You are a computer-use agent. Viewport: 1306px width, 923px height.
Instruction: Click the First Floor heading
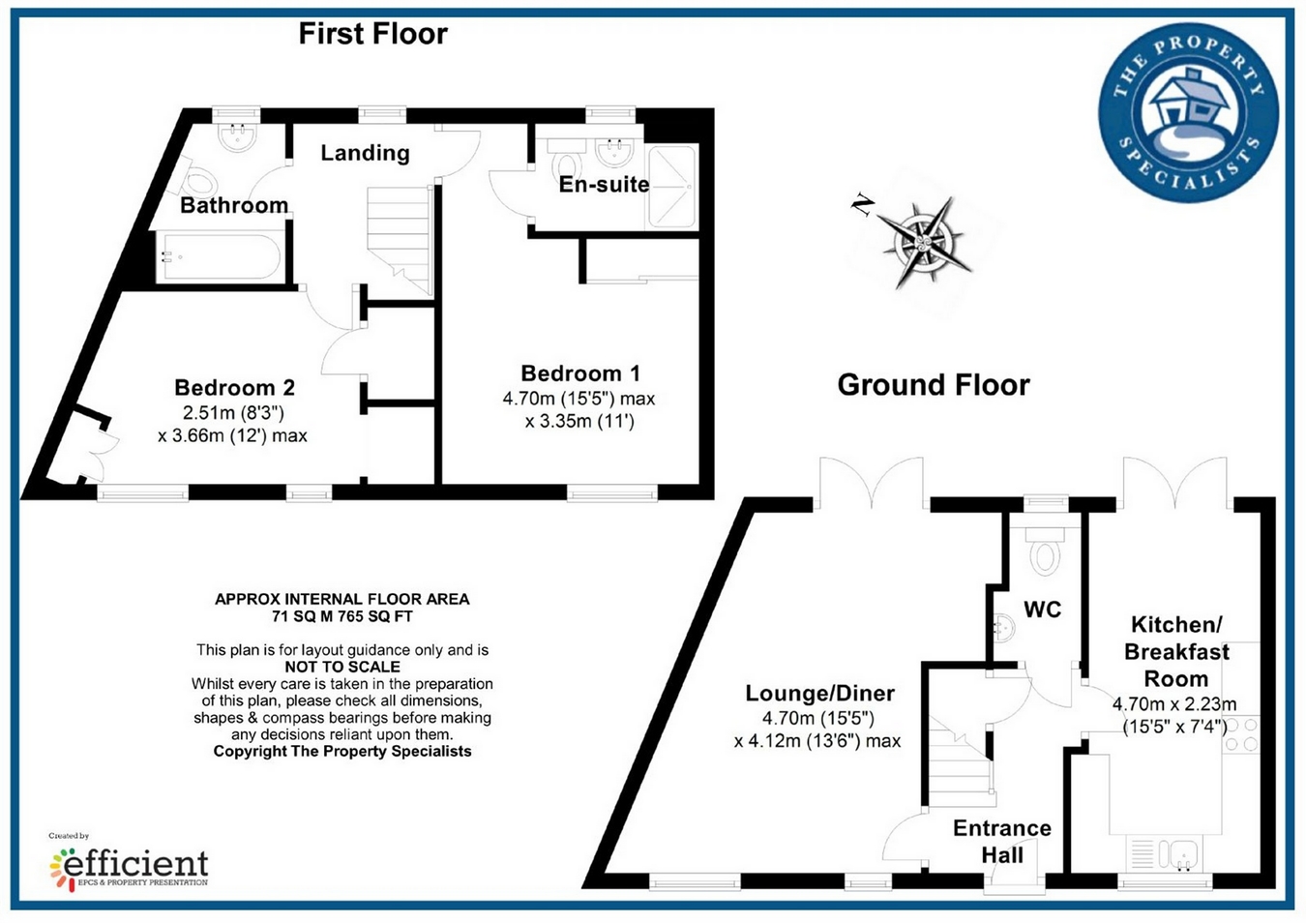coord(373,34)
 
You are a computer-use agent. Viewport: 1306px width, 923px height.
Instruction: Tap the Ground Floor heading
coord(934,385)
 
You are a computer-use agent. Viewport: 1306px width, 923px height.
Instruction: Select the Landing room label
coord(365,153)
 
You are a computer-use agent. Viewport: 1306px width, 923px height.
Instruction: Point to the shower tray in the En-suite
coord(671,187)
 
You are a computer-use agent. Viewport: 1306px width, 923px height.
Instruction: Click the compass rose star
coord(924,243)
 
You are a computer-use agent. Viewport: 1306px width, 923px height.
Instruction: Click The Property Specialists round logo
coord(1188,112)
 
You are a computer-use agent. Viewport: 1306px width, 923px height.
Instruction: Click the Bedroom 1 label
coord(580,373)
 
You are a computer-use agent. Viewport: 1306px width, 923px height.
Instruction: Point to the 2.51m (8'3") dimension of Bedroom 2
coord(233,413)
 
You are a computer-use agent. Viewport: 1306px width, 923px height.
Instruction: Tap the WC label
coord(1043,610)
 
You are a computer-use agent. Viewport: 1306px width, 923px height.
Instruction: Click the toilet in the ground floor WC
coord(1044,551)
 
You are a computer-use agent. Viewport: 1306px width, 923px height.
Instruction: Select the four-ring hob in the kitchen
coord(1241,734)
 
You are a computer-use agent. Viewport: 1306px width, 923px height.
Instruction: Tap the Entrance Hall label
coord(1002,842)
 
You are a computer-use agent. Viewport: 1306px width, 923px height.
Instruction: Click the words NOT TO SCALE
coord(342,667)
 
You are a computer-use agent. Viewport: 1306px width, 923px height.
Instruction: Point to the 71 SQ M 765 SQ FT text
coord(342,616)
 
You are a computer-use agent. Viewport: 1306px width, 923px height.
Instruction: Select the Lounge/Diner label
coord(819,694)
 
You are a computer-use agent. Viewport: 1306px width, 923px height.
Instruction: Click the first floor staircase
coord(400,240)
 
